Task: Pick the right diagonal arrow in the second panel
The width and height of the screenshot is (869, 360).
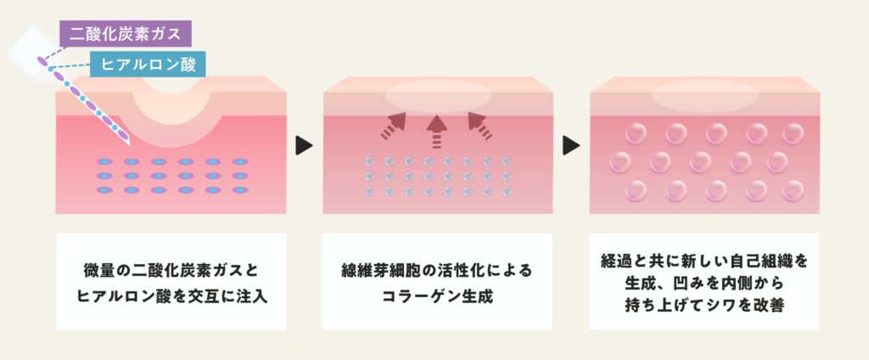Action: (479, 126)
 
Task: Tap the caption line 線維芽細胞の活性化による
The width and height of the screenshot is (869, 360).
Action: (436, 271)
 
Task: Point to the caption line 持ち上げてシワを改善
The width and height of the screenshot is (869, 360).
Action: (704, 307)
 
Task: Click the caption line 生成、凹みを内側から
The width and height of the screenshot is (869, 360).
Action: (704, 283)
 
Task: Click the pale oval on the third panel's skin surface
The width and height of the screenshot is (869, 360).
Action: (704, 96)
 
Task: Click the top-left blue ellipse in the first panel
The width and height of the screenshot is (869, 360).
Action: (105, 161)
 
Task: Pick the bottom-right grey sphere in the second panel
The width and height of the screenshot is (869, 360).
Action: (507, 192)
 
